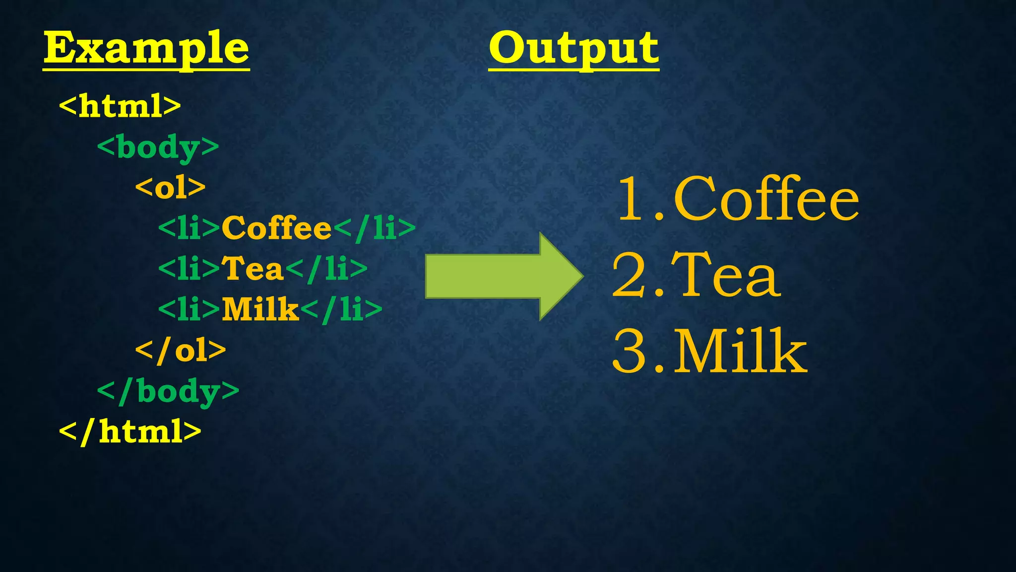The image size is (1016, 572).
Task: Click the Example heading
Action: [x=146, y=49]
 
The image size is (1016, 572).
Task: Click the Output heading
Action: [x=573, y=49]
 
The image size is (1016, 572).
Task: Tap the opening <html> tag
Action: [x=120, y=106]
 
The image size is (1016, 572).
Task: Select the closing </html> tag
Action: [x=130, y=431]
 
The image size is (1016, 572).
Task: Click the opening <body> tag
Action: [x=158, y=147]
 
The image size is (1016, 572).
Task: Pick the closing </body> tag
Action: [x=168, y=391]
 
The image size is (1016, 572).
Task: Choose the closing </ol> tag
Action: [x=181, y=350]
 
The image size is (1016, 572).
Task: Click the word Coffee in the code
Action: [x=276, y=228]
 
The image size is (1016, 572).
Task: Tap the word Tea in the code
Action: [x=253, y=269]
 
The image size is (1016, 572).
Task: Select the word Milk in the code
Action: [x=260, y=309]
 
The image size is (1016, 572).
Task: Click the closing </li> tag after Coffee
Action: [x=374, y=228]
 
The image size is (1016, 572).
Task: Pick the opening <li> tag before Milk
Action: [x=189, y=309]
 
